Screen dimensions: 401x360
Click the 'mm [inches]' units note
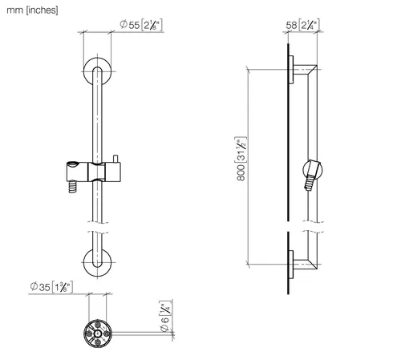(32, 10)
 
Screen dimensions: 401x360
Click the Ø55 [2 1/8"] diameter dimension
(141, 25)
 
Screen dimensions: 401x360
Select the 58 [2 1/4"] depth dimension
(302, 25)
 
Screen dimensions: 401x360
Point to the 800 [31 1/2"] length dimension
(241, 159)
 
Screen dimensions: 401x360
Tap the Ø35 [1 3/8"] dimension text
(51, 287)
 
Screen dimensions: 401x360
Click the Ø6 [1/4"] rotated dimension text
(166, 316)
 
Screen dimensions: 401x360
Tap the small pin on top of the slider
(115, 158)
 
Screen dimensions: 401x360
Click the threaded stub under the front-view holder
(72, 187)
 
